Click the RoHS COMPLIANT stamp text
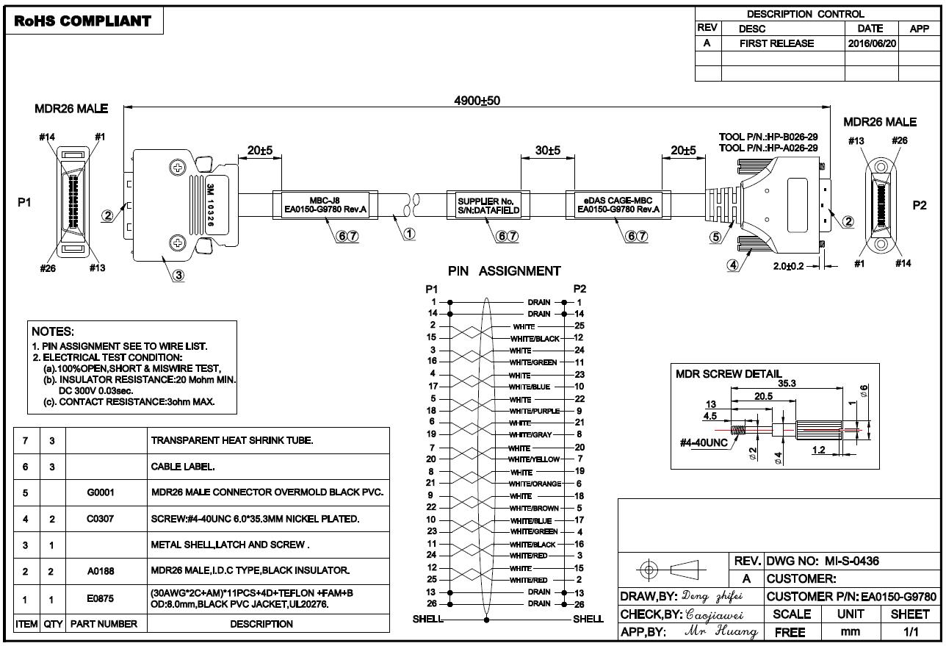pyautogui.click(x=83, y=21)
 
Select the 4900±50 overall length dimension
pyautogui.click(x=477, y=101)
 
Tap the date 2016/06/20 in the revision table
pyautogui.click(x=872, y=43)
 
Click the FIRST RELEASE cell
pyautogui.click(x=776, y=43)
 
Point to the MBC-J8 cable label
pyautogui.click(x=325, y=205)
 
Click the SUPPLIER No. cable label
pyautogui.click(x=488, y=206)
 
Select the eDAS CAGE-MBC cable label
pyautogui.click(x=618, y=205)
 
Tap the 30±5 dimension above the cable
pyautogui.click(x=548, y=150)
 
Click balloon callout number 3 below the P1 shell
pyautogui.click(x=178, y=276)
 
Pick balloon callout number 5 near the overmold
pyautogui.click(x=715, y=237)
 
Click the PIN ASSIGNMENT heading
pyautogui.click(x=505, y=271)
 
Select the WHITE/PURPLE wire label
pyautogui.click(x=534, y=411)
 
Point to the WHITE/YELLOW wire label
pyautogui.click(x=534, y=459)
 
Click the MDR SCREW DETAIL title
pyautogui.click(x=729, y=374)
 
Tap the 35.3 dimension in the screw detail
pyautogui.click(x=787, y=383)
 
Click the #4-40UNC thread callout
pyautogui.click(x=704, y=442)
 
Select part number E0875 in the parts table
pyautogui.click(x=101, y=598)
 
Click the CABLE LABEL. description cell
pyautogui.click(x=183, y=467)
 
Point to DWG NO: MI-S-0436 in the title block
pyautogui.click(x=823, y=561)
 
